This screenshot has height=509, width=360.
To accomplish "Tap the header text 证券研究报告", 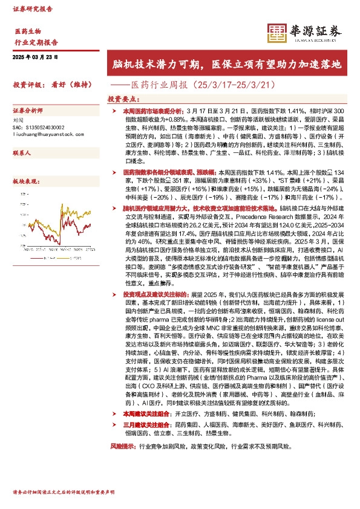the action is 33,10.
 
